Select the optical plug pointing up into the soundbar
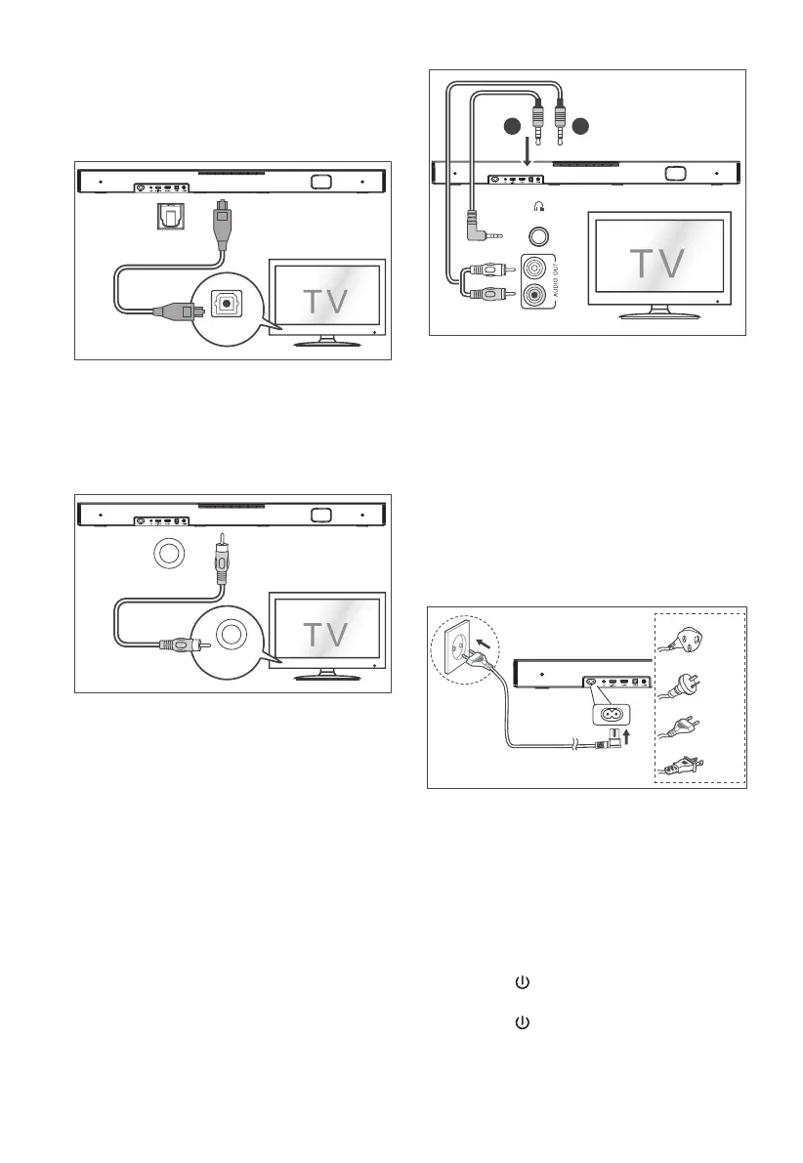tap(223, 217)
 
